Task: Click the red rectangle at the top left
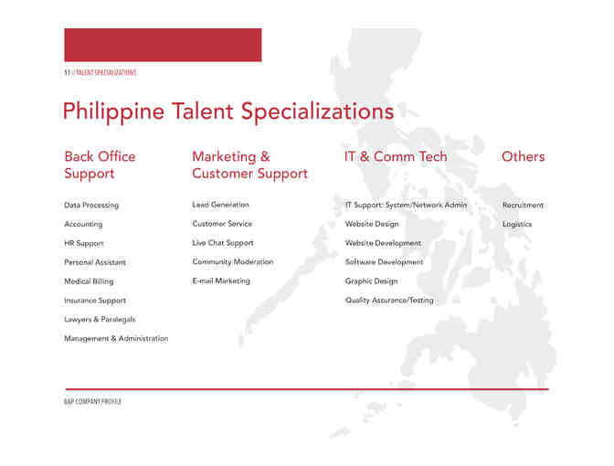click(163, 45)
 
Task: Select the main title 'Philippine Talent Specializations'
click(228, 111)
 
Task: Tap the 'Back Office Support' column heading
click(100, 164)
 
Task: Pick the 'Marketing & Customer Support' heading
click(249, 164)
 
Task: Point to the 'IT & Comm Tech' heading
click(396, 156)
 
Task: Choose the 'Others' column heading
click(523, 156)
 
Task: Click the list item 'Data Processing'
click(91, 206)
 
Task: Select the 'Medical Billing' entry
click(89, 281)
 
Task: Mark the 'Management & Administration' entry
click(116, 339)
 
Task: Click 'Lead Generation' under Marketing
click(220, 205)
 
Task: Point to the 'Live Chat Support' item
click(223, 243)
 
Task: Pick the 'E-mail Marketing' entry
click(220, 281)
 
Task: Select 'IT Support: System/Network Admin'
click(406, 205)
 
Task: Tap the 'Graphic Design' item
click(371, 281)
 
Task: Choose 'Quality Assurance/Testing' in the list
click(389, 301)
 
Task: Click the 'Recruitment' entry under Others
click(523, 206)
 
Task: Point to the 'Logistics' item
click(517, 224)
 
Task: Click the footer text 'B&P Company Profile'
click(92, 402)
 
